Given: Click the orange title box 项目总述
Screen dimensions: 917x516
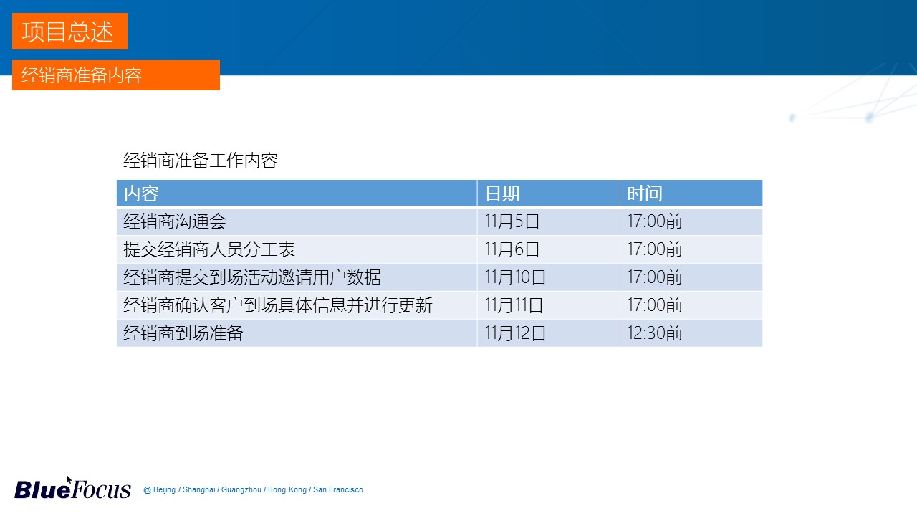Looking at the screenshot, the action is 69,31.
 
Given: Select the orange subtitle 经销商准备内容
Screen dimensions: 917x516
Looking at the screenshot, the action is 116,75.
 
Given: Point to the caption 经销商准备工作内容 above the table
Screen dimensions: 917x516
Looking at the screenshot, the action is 201,160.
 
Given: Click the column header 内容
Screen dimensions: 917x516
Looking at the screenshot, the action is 141,193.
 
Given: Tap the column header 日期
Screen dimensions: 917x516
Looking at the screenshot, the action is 502,193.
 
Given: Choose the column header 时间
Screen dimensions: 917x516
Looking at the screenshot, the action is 645,193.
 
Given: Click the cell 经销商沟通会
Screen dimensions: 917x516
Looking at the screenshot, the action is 175,221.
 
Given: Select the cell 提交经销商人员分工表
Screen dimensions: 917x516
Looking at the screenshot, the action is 209,249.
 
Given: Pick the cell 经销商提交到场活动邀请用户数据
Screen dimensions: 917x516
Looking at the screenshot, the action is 252,277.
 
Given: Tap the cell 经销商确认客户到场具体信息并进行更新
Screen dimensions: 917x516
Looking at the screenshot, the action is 278,305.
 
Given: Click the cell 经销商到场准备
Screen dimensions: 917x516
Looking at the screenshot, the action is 183,333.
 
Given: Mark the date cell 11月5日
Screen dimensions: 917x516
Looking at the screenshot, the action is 512,221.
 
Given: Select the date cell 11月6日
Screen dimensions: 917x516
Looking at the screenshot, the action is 512,249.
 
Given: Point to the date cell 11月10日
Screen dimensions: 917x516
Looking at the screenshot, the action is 515,277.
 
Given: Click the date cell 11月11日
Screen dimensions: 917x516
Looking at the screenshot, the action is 514,305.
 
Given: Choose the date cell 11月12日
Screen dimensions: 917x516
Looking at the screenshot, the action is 515,333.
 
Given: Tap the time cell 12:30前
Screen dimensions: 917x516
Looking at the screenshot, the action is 655,333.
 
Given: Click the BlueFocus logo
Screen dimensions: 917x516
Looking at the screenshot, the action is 72,489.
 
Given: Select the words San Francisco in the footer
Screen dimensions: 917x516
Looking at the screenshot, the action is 337,489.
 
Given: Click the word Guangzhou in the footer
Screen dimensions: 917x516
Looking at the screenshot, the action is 241,489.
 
